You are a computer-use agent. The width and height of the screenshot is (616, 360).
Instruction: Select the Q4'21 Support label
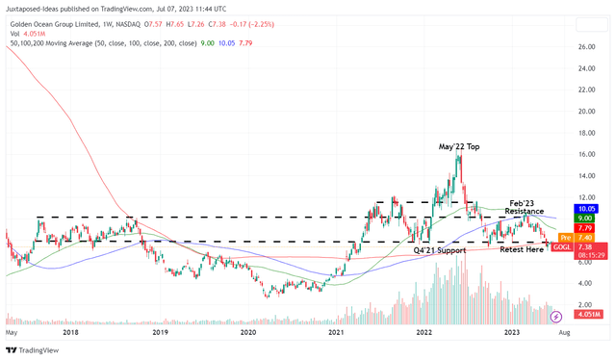(x=441, y=249)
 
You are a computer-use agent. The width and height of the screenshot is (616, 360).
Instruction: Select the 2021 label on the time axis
(x=336, y=330)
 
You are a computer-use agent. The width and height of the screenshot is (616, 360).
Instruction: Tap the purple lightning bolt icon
(x=555, y=316)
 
